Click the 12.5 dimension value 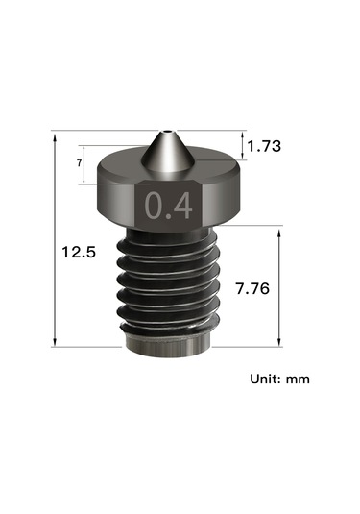78,253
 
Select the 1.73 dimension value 264,146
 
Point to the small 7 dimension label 77,164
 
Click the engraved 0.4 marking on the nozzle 167,206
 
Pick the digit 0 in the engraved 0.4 154,206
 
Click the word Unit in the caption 264,379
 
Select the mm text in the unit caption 297,379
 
